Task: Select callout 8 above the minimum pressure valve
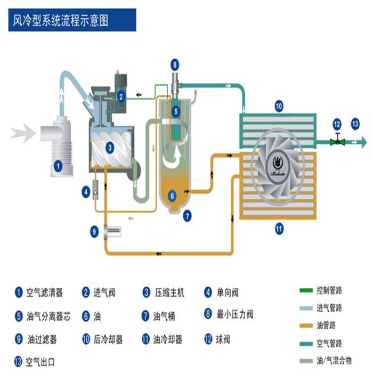pos(175,66)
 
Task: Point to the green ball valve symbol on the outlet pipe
pos(337,142)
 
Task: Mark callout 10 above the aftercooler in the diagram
pos(279,106)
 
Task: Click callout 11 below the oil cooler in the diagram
pos(279,230)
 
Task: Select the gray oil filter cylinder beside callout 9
pos(113,231)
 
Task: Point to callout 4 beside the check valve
pos(85,190)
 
